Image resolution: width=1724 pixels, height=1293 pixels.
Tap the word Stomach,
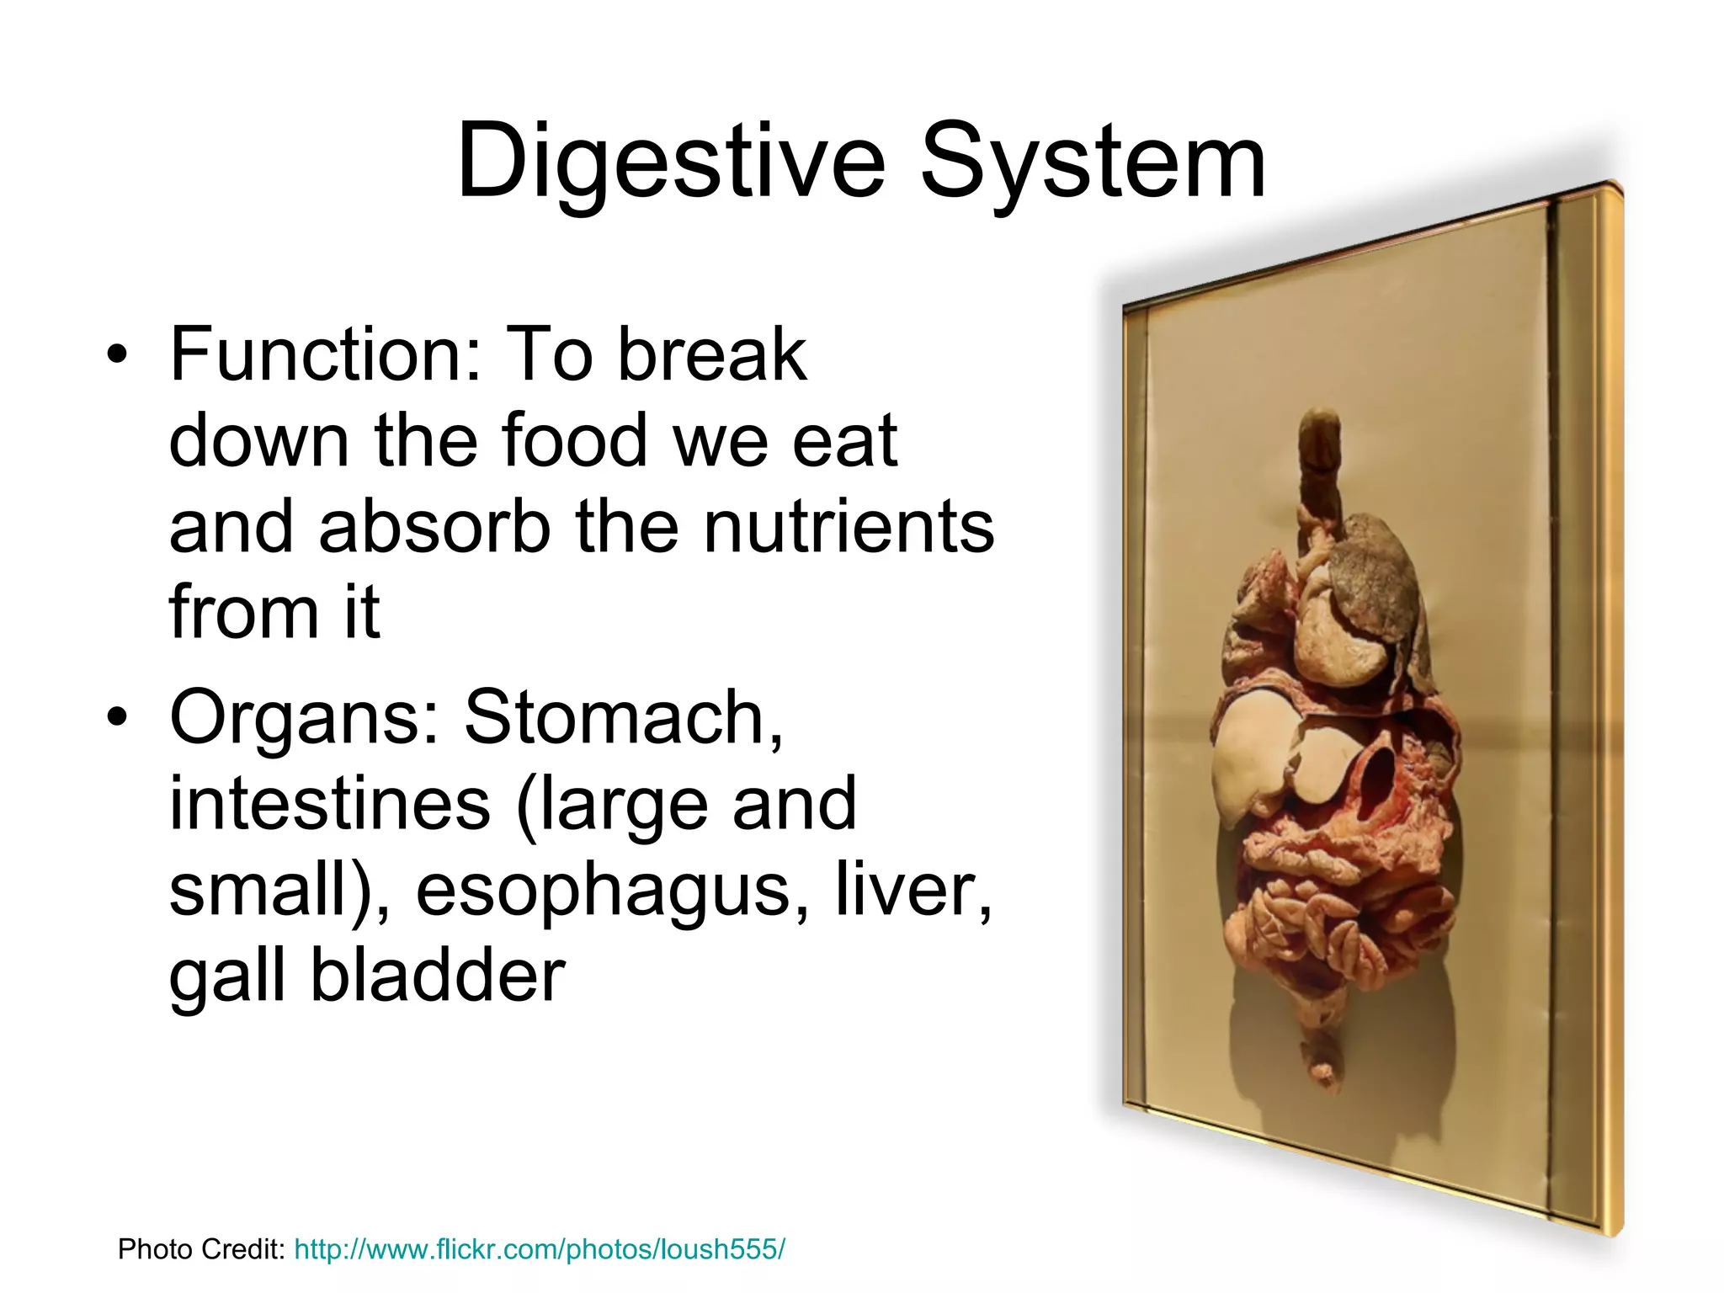pyautogui.click(x=624, y=717)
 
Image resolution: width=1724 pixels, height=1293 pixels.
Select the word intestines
pyautogui.click(x=330, y=804)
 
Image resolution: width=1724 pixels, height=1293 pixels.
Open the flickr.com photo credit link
pyautogui.click(x=539, y=1249)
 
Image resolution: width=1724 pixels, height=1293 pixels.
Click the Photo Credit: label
pyautogui.click(x=202, y=1249)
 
